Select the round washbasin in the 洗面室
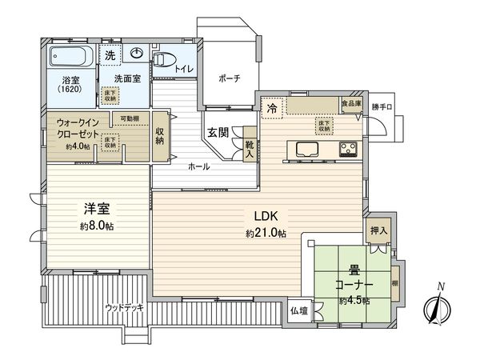(136, 55)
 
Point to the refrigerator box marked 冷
(273, 106)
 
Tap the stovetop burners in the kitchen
(349, 149)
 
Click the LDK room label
(266, 215)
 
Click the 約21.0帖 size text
(266, 233)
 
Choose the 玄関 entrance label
(220, 131)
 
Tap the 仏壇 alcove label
(298, 310)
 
